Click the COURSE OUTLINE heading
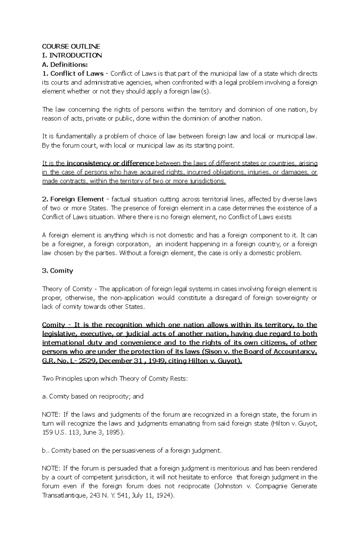(71, 46)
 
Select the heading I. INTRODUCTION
(72, 55)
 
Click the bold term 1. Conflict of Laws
(73, 73)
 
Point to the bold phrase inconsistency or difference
(110, 163)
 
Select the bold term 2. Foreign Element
(73, 199)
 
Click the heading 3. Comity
(58, 271)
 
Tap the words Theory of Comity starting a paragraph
(67, 289)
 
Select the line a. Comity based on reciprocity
(93, 397)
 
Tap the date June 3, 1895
(104, 433)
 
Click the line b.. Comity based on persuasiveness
(132, 450)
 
